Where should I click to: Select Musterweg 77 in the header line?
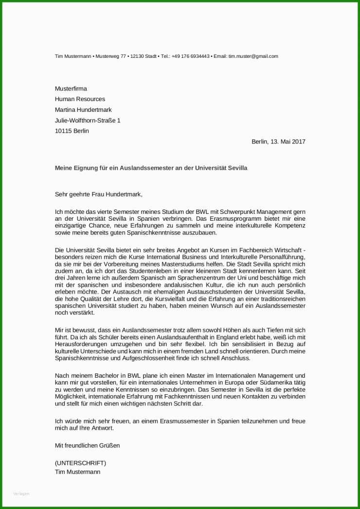coord(110,56)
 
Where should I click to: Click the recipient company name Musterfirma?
coord(71,88)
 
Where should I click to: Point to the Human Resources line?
coord(80,99)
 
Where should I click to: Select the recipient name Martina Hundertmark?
coord(83,110)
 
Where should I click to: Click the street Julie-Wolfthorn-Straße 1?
coord(88,120)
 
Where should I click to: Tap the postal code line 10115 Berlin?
coord(72,131)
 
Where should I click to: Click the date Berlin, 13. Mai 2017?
coord(278,141)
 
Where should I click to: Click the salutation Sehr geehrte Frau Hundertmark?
coord(99,194)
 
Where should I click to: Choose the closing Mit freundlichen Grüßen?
coord(87,445)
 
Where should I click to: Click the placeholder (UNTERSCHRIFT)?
coord(80,463)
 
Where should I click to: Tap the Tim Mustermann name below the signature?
coord(78,472)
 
